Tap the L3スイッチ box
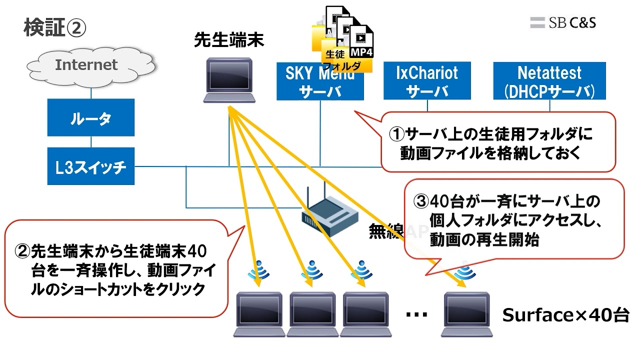[91, 166]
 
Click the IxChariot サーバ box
[426, 81]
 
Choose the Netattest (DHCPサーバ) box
[549, 81]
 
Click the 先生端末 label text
[229, 40]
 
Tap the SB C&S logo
[563, 22]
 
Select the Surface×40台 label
[565, 315]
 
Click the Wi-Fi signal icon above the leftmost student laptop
[259, 270]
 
